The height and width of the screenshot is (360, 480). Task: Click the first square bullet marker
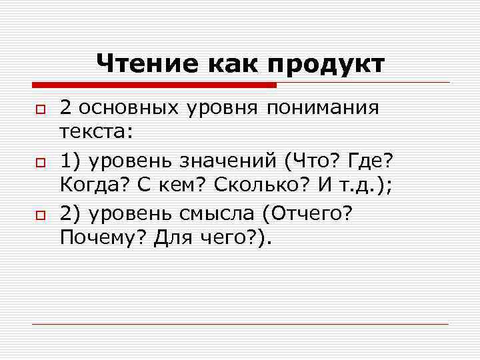[39, 109]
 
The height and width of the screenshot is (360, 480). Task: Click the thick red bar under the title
[153, 85]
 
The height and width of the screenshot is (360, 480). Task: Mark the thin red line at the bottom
[240, 324]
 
